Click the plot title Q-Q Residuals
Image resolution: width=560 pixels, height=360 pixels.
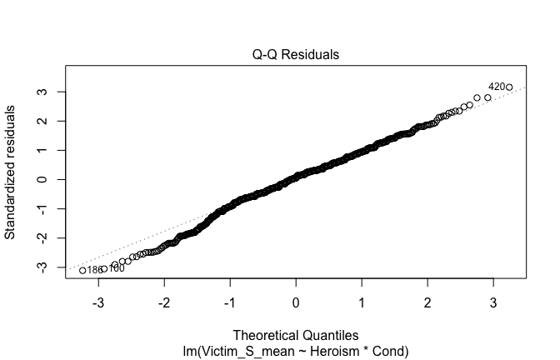click(x=296, y=55)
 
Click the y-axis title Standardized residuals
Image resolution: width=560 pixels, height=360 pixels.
click(x=12, y=172)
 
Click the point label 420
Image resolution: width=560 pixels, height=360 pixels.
click(x=496, y=86)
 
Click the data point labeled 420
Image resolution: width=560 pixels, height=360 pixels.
click(x=509, y=87)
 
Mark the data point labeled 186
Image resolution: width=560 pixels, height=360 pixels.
click(x=82, y=270)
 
